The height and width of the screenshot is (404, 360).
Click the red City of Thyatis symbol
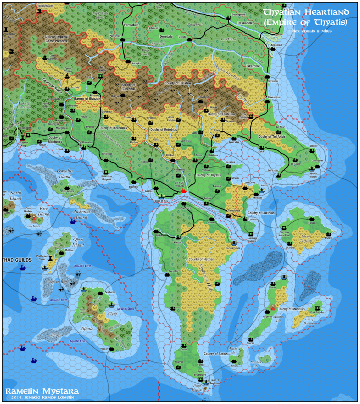[x=183, y=191]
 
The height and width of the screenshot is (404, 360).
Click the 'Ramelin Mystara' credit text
[x=42, y=391]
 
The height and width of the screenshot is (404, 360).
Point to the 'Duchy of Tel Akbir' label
[x=274, y=137]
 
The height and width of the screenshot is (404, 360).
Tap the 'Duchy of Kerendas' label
[x=113, y=128]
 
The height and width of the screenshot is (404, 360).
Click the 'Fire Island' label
[x=44, y=211]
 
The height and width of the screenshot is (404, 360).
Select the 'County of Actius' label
[x=215, y=354]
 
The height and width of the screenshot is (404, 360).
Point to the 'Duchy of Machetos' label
[x=55, y=139]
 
